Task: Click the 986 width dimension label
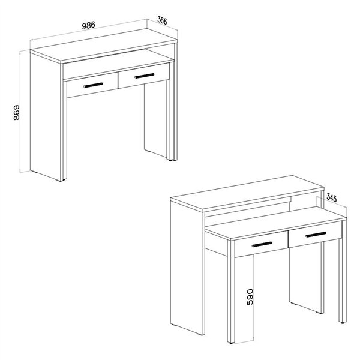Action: click(x=88, y=25)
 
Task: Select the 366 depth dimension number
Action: click(x=163, y=20)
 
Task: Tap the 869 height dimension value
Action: click(x=17, y=113)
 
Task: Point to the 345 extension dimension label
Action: click(x=332, y=198)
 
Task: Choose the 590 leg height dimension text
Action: click(x=250, y=297)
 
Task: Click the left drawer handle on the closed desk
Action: click(x=93, y=85)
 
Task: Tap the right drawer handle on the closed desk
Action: click(x=145, y=76)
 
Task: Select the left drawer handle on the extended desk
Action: click(x=262, y=244)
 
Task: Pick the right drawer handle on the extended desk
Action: click(x=316, y=235)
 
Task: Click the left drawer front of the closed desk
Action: click(x=92, y=85)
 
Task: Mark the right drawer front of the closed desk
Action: click(x=144, y=76)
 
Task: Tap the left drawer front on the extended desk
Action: click(x=261, y=244)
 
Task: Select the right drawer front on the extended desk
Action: click(x=315, y=235)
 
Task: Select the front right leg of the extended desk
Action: click(x=343, y=281)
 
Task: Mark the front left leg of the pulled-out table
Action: click(x=231, y=291)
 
